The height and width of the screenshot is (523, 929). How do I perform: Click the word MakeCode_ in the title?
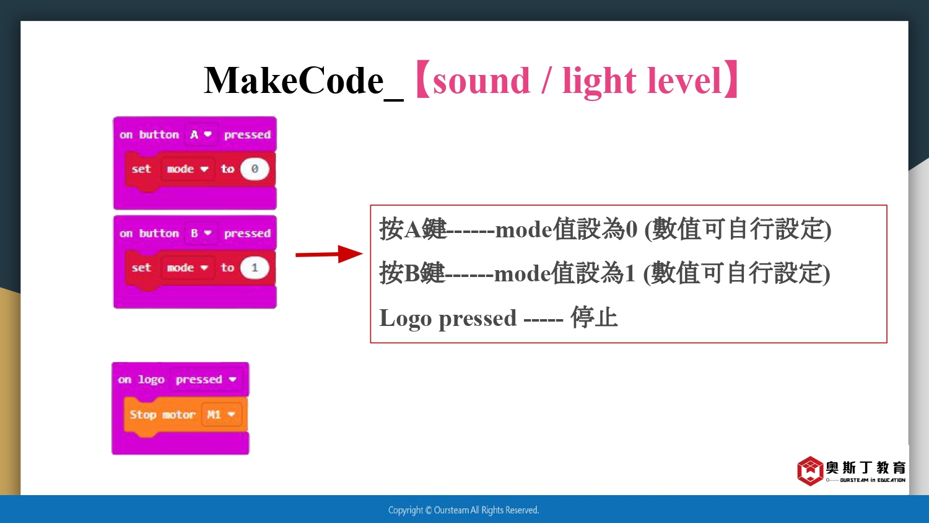(303, 81)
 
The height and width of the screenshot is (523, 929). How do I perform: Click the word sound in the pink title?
(481, 81)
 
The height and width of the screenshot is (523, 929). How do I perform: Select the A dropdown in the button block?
(201, 134)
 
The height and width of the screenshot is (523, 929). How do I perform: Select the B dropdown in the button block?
(201, 233)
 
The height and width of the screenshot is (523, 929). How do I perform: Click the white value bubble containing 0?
(255, 169)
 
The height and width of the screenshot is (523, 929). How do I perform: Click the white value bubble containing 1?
(255, 268)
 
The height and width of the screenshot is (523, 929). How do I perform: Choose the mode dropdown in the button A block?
(188, 169)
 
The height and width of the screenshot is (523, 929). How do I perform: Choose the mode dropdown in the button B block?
(188, 268)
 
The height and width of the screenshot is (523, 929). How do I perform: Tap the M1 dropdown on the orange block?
(221, 415)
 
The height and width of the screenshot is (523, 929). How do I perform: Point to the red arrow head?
(351, 253)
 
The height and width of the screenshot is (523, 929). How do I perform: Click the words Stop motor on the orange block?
(162, 415)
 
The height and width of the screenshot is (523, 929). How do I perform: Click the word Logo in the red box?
(405, 319)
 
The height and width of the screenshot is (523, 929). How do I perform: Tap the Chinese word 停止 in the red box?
(595, 318)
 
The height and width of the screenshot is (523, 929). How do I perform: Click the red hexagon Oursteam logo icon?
(810, 471)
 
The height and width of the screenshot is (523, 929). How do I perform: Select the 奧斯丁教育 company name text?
(866, 468)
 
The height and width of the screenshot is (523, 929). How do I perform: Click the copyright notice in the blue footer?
(463, 510)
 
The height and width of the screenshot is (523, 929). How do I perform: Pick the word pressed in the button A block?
(247, 135)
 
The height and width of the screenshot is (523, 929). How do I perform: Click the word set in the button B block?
(141, 268)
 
